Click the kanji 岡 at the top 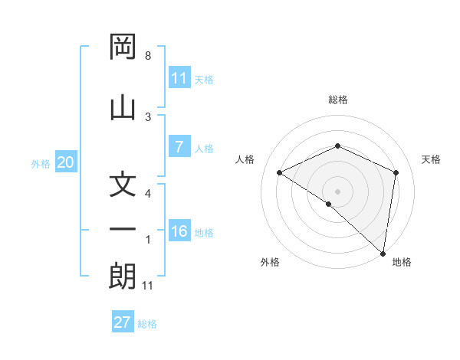point(123,49)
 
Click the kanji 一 point(123,230)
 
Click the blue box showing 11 point(179,78)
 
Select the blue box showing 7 point(179,148)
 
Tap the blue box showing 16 point(179,232)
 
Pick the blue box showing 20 point(65,162)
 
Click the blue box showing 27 point(123,322)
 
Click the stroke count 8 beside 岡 point(148,56)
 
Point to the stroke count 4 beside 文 point(148,195)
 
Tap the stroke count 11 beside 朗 point(148,286)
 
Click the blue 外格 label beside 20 point(41,163)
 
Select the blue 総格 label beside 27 point(147,323)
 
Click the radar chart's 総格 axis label point(337,100)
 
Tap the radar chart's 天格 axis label point(431,159)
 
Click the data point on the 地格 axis point(383,253)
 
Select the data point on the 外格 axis point(329,204)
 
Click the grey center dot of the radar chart point(337,191)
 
